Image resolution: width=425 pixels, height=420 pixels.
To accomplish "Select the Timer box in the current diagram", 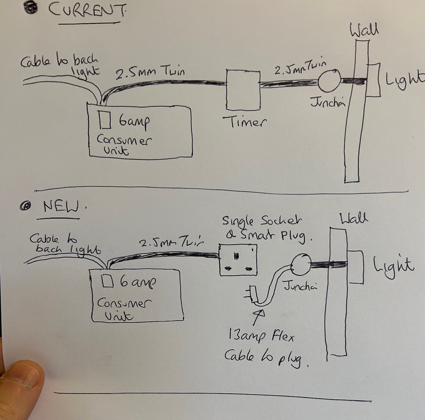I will pos(243,90).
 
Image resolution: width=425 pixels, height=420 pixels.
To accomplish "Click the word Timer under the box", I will pos(244,122).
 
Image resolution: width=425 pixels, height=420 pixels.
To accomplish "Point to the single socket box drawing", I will pos(238,260).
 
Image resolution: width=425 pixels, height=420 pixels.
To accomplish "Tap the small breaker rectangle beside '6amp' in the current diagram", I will pos(105,120).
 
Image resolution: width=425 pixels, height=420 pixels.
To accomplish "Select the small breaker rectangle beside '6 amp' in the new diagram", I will pos(108,281).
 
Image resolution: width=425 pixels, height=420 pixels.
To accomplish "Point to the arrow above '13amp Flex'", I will pos(259,317).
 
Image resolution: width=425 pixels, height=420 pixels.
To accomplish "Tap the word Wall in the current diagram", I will pos(364,30).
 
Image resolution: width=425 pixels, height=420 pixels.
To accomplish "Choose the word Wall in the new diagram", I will pos(354,219).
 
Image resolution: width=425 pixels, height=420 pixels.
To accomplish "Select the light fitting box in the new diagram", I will pos(355,267).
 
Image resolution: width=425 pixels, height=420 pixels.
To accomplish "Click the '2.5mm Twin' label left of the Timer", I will pos(150,73).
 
